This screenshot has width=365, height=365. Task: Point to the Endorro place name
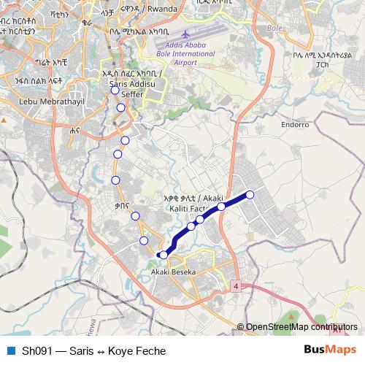click(296, 124)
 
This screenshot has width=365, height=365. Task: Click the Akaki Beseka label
click(173, 272)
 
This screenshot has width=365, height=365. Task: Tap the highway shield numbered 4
click(237, 285)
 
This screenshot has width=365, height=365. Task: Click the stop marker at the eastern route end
click(250, 194)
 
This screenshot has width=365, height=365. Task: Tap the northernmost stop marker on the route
click(115, 91)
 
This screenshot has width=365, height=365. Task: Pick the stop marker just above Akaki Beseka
click(164, 254)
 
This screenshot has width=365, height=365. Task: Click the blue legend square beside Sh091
click(11, 350)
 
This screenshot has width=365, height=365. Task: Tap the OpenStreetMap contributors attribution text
click(301, 327)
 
